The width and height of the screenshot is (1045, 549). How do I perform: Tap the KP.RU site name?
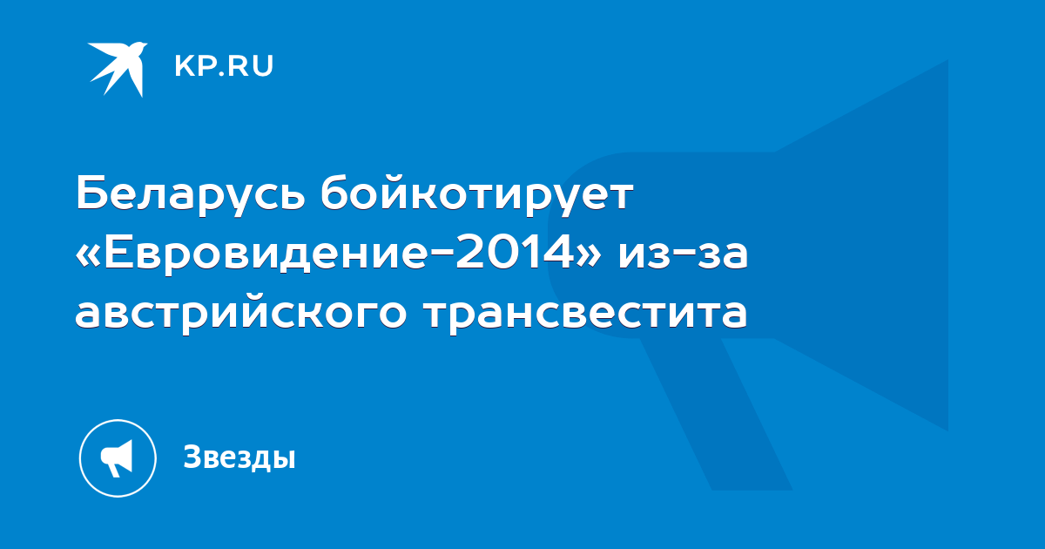pyautogui.click(x=224, y=66)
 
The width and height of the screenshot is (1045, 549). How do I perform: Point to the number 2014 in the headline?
pyautogui.click(x=514, y=253)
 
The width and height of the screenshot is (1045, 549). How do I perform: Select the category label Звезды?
pyautogui.click(x=239, y=457)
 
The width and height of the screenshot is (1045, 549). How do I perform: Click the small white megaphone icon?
pyautogui.click(x=117, y=458)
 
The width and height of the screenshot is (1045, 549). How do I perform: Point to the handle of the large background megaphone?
pyautogui.click(x=716, y=414)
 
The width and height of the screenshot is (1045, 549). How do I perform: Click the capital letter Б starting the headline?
pyautogui.click(x=91, y=193)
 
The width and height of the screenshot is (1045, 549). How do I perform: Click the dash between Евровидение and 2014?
pyautogui.click(x=440, y=254)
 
